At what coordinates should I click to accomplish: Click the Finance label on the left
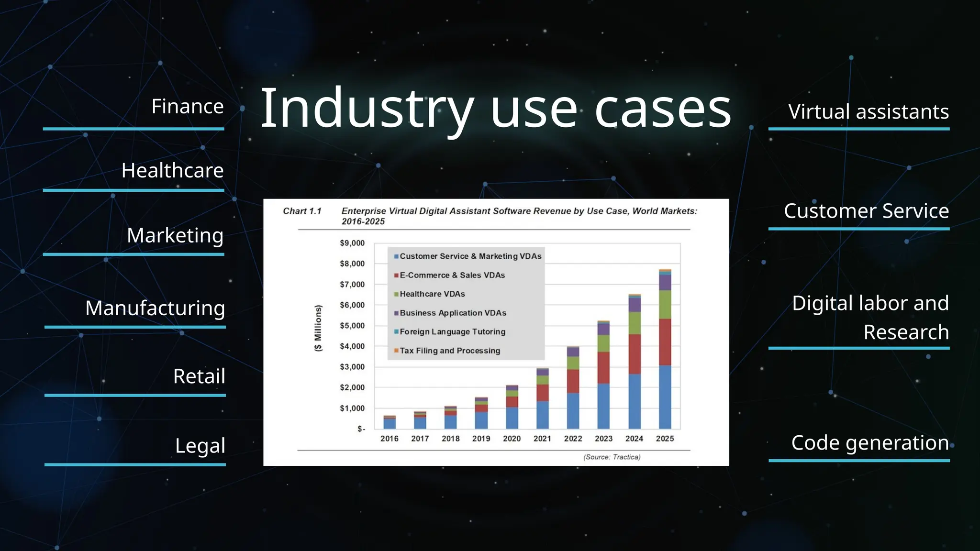[187, 107]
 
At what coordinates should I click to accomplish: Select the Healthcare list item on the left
[172, 171]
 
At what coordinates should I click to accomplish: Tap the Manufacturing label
[155, 309]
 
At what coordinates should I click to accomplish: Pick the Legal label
[200, 446]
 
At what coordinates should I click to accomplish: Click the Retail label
[199, 376]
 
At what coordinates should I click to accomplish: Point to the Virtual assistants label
[868, 112]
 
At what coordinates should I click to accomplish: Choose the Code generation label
[870, 443]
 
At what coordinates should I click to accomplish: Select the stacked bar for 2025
[665, 349]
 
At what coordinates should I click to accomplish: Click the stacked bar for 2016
[390, 422]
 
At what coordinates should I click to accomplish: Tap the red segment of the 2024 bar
[635, 354]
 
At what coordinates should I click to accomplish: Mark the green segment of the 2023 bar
[604, 343]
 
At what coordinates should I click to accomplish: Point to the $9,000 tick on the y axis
[352, 243]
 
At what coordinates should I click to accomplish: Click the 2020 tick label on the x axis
[512, 439]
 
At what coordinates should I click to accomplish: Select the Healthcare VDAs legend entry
[432, 294]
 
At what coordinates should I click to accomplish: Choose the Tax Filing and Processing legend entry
[449, 351]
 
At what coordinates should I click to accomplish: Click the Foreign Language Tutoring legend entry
[452, 332]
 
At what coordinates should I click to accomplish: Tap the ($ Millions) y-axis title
[318, 328]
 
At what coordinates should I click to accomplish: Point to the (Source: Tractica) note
[612, 457]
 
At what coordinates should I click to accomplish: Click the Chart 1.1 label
[302, 211]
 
